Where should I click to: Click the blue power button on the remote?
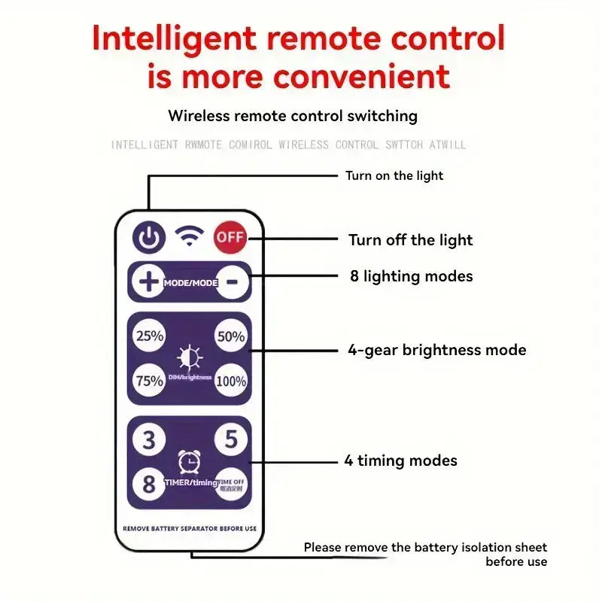click(x=149, y=239)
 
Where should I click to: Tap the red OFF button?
click(x=230, y=238)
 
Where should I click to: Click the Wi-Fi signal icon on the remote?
click(x=190, y=237)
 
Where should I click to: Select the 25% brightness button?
click(x=149, y=336)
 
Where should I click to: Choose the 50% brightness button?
click(x=230, y=336)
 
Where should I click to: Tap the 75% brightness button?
click(x=149, y=381)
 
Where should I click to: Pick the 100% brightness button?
click(x=230, y=381)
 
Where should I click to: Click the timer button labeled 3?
click(x=149, y=439)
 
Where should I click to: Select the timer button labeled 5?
click(x=230, y=439)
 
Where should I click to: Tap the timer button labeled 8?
click(x=149, y=482)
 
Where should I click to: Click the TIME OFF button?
click(x=230, y=483)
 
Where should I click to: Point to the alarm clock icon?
click(x=189, y=461)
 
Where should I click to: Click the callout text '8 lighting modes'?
click(x=411, y=276)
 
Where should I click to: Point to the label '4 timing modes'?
click(x=400, y=461)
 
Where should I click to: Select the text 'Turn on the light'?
click(x=394, y=176)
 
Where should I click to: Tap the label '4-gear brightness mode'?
click(x=436, y=350)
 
